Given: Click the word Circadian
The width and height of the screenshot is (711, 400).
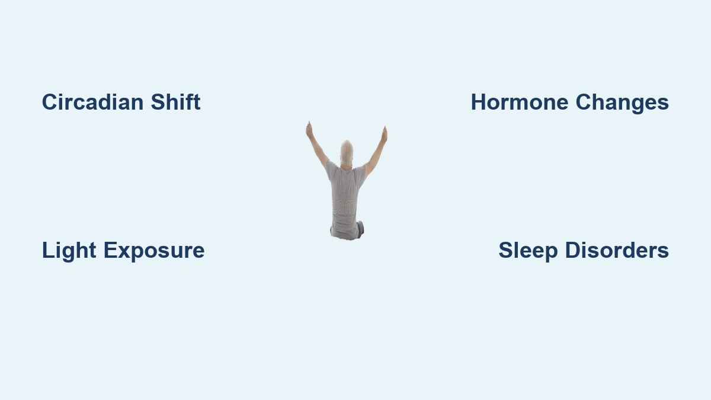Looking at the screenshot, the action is [x=92, y=102].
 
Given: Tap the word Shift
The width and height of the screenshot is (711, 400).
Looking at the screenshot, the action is [x=175, y=101].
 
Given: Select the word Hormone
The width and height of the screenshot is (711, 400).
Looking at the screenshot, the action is [x=520, y=102].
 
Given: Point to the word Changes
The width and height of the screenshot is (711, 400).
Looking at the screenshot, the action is [x=622, y=103].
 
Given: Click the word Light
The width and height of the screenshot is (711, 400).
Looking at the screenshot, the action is [x=69, y=251].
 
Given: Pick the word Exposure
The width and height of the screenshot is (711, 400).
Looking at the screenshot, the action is [x=154, y=251].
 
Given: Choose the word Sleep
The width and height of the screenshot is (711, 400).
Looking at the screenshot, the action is [x=528, y=251].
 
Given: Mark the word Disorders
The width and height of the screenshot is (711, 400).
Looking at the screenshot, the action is [x=617, y=250].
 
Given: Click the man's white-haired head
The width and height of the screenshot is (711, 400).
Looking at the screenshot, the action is [x=347, y=153].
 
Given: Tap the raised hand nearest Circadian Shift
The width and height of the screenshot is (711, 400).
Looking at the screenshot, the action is [x=309, y=130].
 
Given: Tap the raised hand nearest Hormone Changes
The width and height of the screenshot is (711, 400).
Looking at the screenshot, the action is [x=385, y=135].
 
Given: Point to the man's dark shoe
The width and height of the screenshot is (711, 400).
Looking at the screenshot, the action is [x=361, y=229].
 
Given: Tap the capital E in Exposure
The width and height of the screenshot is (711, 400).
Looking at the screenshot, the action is [x=111, y=250].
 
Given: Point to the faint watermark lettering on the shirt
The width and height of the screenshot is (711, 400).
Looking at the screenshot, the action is [x=344, y=207].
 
